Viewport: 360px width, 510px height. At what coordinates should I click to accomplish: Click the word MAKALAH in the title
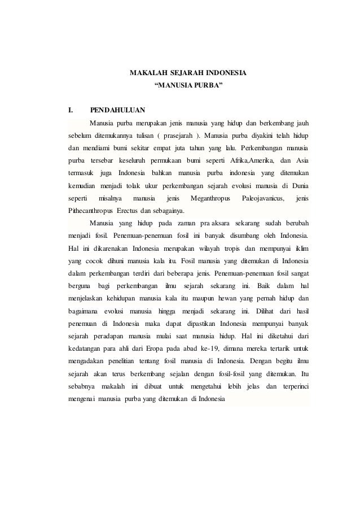(145, 73)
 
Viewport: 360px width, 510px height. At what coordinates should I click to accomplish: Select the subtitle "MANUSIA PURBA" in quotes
(188, 86)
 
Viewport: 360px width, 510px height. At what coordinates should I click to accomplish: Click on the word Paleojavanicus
(263, 198)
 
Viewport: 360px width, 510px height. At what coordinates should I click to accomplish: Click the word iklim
(301, 248)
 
